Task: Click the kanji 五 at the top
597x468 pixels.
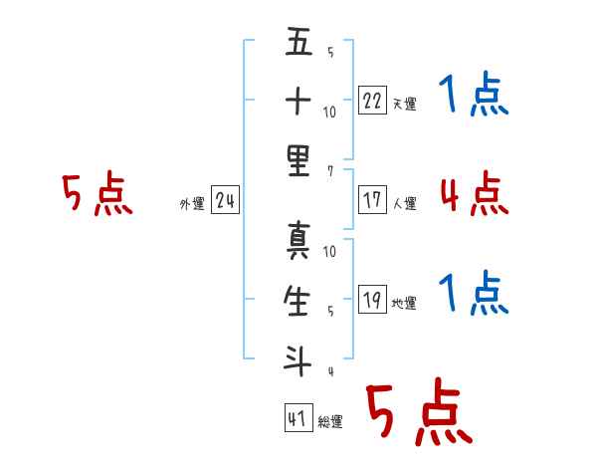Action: click(298, 41)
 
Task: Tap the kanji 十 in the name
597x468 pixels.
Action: click(298, 101)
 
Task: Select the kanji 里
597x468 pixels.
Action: click(298, 161)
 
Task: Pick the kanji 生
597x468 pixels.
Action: click(297, 301)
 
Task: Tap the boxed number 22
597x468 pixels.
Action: click(372, 101)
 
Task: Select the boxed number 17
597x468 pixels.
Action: click(372, 200)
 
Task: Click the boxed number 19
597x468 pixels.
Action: click(372, 299)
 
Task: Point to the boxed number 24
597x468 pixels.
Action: click(225, 200)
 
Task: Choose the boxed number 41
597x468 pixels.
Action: click(298, 417)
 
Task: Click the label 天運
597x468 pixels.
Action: click(405, 104)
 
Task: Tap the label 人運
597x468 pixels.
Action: click(405, 203)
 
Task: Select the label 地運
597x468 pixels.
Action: click(404, 303)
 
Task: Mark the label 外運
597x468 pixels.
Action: click(192, 204)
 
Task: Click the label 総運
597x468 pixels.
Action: click(330, 421)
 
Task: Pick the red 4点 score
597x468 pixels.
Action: click(475, 193)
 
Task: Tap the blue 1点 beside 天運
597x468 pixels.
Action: click(474, 94)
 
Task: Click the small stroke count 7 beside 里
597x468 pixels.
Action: click(330, 171)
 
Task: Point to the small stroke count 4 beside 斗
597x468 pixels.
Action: click(331, 371)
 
